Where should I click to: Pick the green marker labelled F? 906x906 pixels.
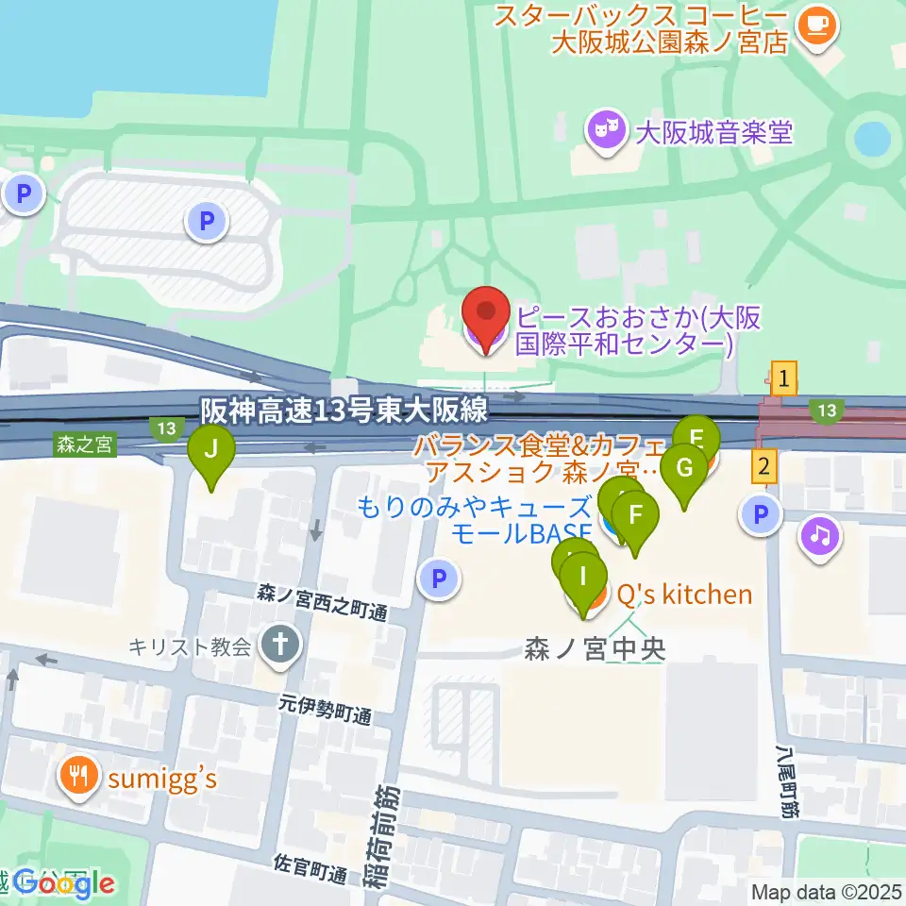[x=636, y=516]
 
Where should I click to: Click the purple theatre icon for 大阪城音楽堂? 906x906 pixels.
[x=604, y=130]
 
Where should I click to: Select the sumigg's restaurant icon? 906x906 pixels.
[x=77, y=778]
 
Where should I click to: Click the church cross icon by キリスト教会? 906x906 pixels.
[x=280, y=646]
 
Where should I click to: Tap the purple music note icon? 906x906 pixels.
[x=819, y=537]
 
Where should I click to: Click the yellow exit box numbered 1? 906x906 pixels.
[x=783, y=380]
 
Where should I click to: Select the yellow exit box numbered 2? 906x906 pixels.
[x=765, y=465]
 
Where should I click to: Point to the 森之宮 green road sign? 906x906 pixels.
[x=85, y=445]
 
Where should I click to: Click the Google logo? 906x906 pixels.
[x=64, y=884]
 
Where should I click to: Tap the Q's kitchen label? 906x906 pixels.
[x=684, y=594]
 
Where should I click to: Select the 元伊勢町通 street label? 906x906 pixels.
[x=324, y=711]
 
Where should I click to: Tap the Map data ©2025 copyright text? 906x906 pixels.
[x=827, y=892]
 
